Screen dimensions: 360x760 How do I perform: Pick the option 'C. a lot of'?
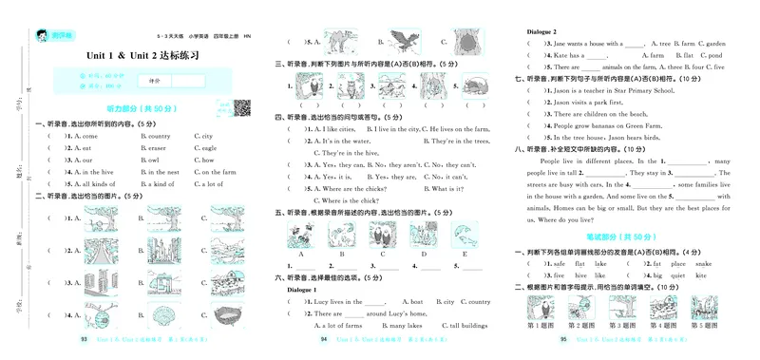[209, 184]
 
